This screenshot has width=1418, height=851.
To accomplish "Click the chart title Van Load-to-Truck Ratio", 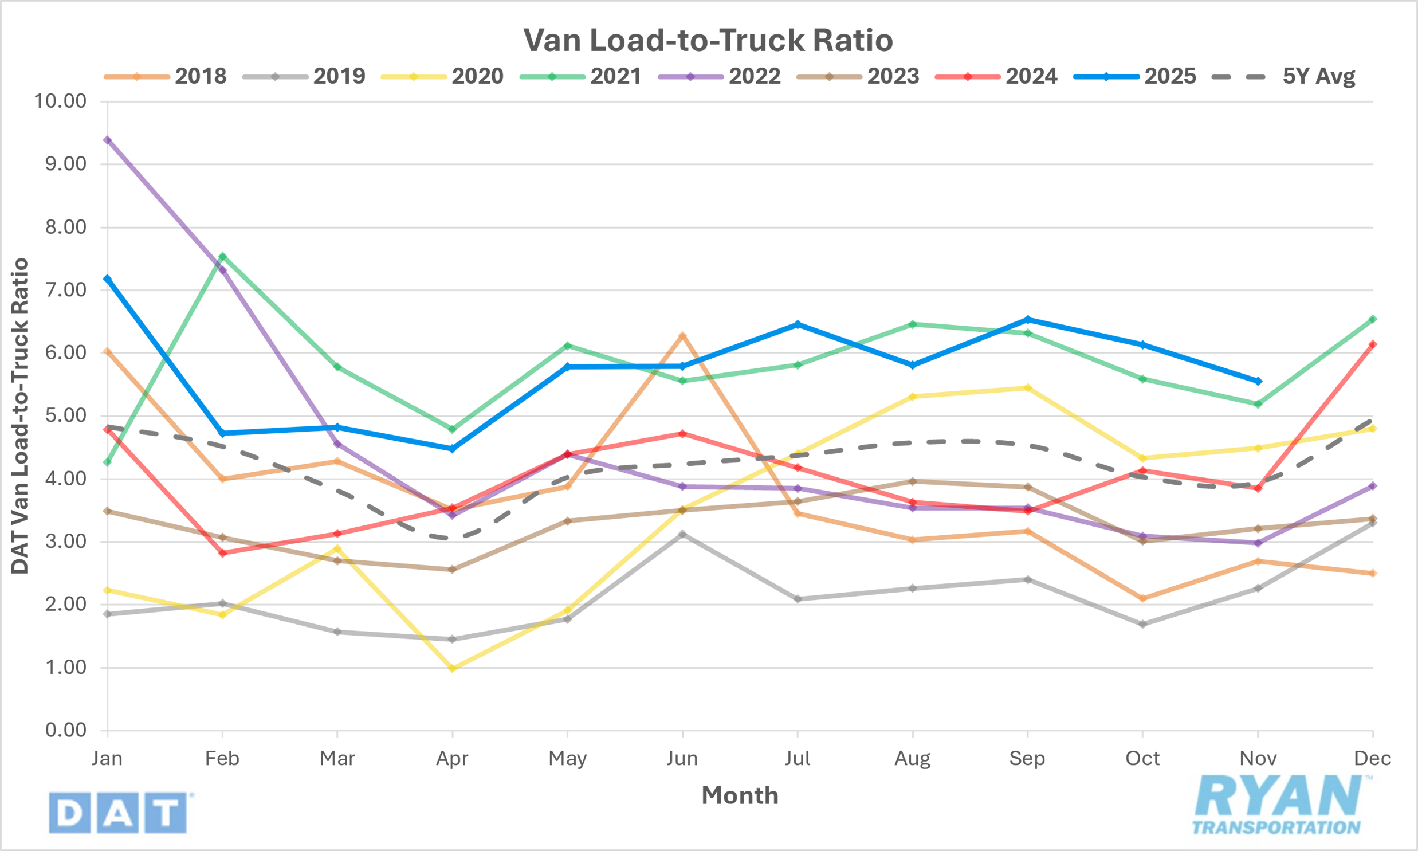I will (708, 40).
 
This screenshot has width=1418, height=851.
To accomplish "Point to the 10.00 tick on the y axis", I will (60, 101).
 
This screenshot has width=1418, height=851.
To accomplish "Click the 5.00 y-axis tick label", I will (66, 415).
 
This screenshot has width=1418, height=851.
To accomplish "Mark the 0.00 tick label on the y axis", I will (66, 730).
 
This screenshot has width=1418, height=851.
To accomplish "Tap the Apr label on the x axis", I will (452, 759).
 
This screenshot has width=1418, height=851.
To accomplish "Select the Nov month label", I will (1258, 759).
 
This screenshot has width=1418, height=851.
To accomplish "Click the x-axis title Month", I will (740, 795).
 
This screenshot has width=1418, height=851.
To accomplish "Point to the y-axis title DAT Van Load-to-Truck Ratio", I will (20, 415).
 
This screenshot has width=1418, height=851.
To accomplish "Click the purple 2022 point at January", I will (107, 140).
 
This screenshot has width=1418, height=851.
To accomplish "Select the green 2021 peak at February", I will (222, 256).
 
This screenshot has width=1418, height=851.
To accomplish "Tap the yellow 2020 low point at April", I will (452, 668).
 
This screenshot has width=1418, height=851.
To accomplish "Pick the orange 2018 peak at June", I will (682, 335).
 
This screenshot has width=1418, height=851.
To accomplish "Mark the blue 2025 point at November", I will (1258, 381).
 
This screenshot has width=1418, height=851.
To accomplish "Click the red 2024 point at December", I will (1373, 344).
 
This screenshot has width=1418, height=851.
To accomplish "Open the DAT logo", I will (119, 813).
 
